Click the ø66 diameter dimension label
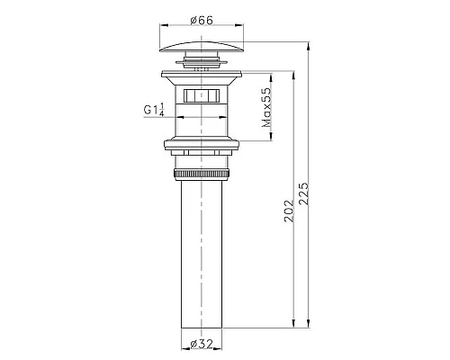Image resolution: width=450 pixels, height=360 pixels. [202, 21]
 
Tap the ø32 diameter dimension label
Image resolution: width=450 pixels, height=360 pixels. [202, 344]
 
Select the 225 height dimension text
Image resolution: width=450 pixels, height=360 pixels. [303, 193]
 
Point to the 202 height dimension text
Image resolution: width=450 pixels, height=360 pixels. [289, 211]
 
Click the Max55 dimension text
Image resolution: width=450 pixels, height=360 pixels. [266, 107]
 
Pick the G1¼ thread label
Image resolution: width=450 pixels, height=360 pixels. [154, 110]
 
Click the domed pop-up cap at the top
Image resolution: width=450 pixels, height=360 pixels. [202, 47]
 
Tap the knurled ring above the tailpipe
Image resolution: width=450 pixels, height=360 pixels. [202, 175]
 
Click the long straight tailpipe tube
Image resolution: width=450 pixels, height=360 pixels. [202, 254]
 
